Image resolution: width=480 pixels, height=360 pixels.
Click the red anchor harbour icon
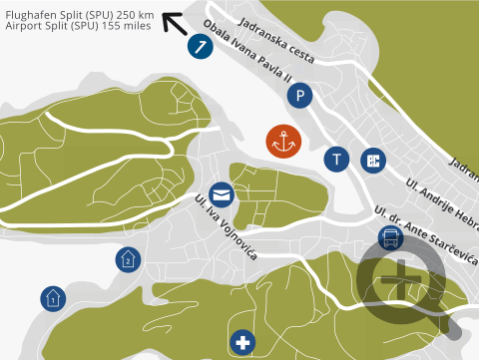point(283,142)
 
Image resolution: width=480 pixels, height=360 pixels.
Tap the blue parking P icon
point(298,96)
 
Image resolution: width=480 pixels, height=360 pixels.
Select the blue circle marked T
point(337,159)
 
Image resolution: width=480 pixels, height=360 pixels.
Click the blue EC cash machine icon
point(374,160)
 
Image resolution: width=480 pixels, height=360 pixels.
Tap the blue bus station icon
point(390,237)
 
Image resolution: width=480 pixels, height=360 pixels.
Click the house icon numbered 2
point(128,259)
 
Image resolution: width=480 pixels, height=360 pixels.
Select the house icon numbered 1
point(53,297)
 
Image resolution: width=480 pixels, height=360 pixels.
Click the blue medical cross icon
point(242,343)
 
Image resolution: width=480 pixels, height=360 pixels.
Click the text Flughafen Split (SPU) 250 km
point(79,15)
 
